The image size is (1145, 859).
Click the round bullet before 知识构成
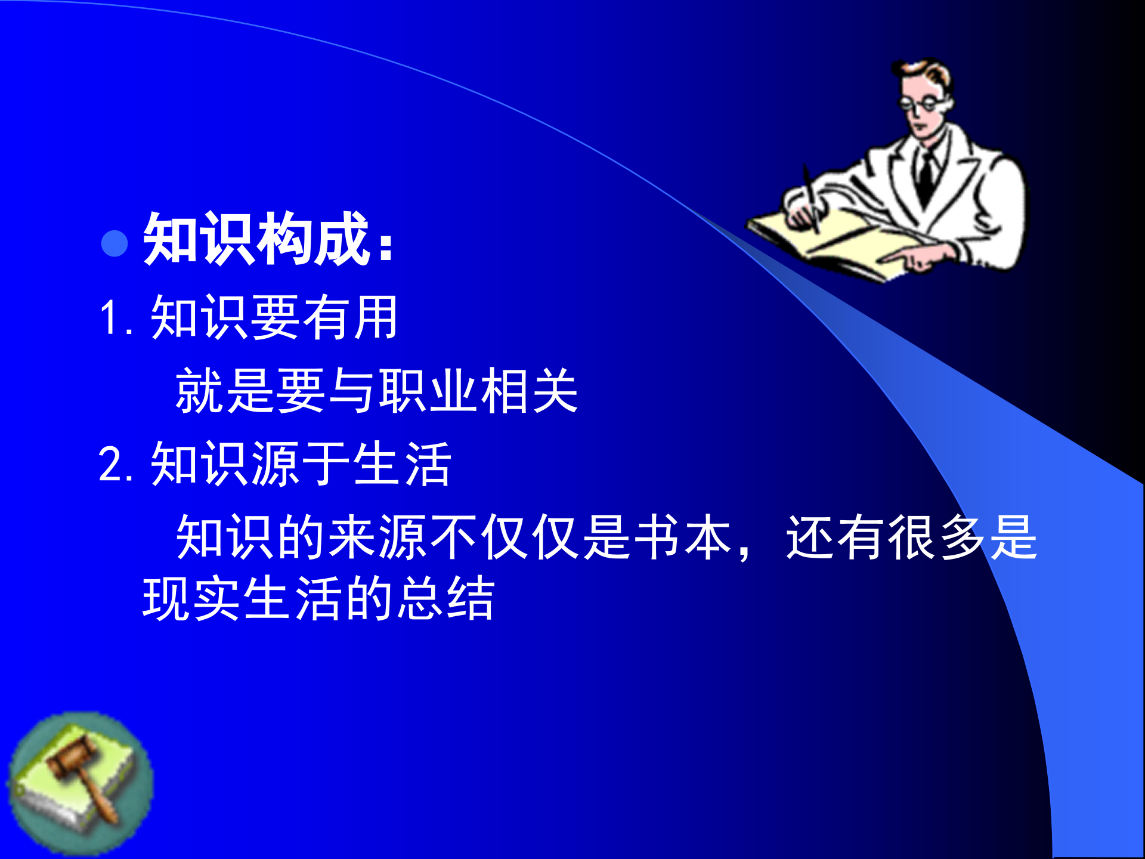[114, 243]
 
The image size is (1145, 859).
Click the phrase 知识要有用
[274, 317]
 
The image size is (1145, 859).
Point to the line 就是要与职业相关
[376, 391]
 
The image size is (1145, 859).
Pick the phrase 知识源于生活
[301, 464]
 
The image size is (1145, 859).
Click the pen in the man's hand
[811, 197]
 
